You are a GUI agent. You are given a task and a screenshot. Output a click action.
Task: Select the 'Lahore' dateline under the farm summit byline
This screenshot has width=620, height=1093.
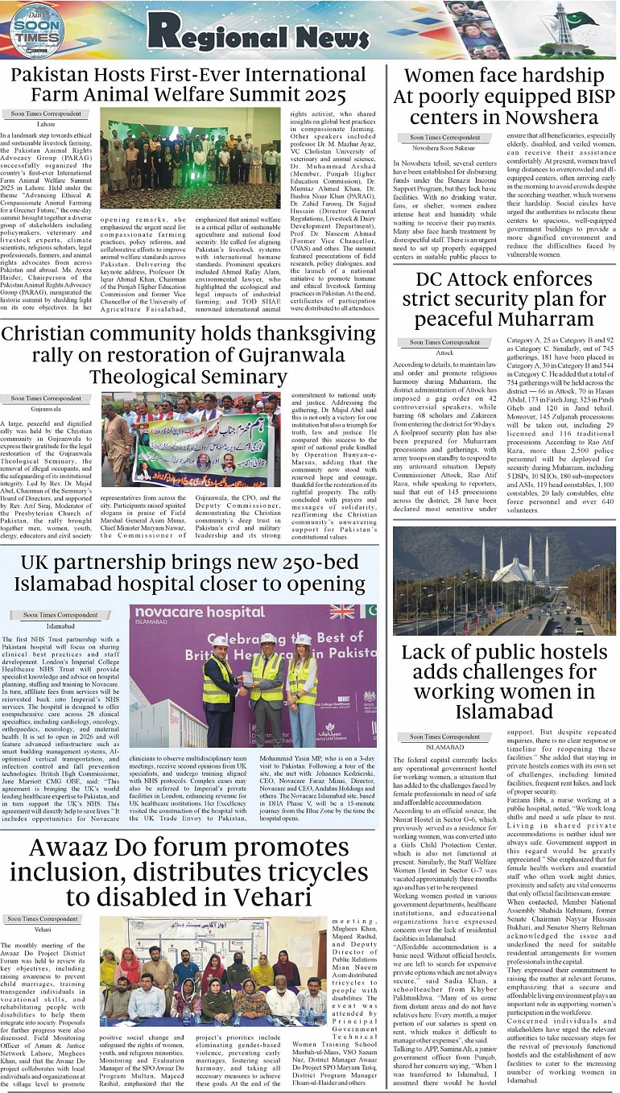46,124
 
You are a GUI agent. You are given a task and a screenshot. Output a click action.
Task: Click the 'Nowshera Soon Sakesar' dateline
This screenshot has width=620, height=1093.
444,148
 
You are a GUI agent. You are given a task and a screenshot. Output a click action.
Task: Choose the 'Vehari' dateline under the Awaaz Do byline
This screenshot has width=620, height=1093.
43,929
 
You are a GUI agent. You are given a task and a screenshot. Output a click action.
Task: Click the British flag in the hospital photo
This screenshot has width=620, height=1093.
342,612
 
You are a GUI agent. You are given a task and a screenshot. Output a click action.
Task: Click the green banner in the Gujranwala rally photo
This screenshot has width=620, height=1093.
197,451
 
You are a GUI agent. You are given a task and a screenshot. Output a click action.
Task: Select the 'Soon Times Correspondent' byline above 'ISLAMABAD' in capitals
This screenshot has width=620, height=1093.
444,736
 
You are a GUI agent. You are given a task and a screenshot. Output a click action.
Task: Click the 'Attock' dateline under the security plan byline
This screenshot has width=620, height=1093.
444,353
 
